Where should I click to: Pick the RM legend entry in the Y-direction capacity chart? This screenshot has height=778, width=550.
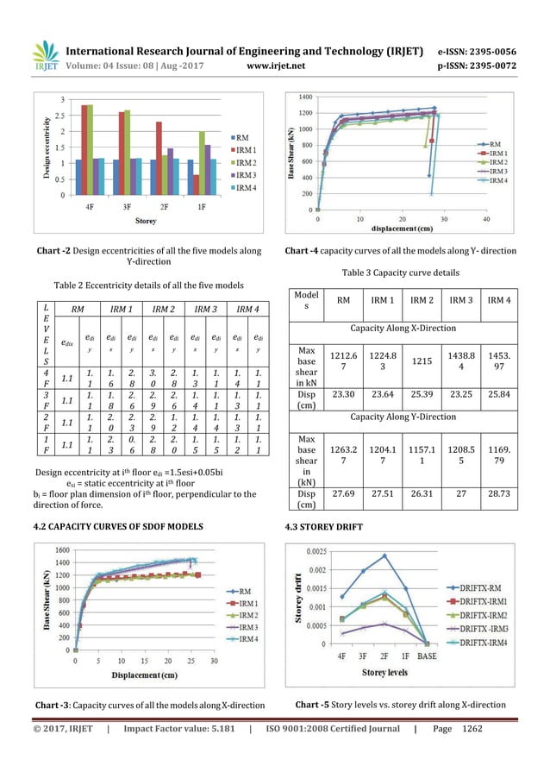(x=496, y=145)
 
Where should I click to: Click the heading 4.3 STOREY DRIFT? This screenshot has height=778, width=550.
(x=318, y=525)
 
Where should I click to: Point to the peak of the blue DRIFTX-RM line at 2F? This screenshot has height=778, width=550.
(x=384, y=555)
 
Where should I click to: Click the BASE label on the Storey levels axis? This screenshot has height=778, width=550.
(x=427, y=655)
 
